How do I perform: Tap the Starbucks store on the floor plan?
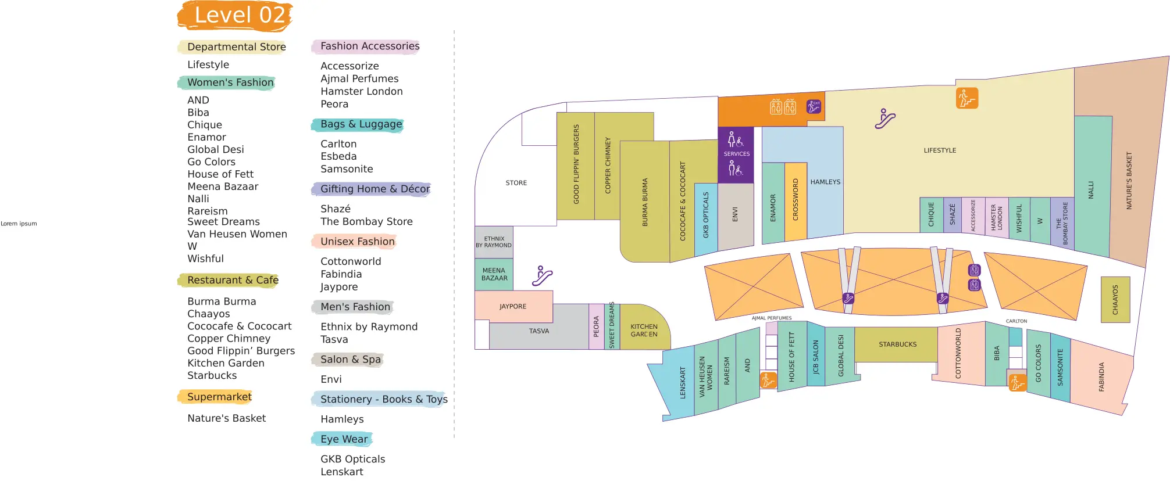897,344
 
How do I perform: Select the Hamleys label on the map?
825,182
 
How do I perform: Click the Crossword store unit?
796,200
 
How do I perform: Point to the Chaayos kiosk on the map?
1115,300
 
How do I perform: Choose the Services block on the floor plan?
736,154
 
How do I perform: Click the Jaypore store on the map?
513,306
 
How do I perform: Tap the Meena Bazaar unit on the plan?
494,274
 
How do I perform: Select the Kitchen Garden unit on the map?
644,330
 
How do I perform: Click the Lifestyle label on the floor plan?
940,150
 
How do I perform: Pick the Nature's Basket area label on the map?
1129,181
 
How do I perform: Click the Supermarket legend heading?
219,397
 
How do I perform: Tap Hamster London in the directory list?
361,91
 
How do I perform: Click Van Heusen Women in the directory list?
237,234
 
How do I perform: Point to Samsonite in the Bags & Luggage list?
347,169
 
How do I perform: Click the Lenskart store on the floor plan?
682,382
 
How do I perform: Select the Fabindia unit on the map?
1101,376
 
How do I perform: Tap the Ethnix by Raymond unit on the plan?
494,242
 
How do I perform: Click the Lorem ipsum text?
19,224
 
